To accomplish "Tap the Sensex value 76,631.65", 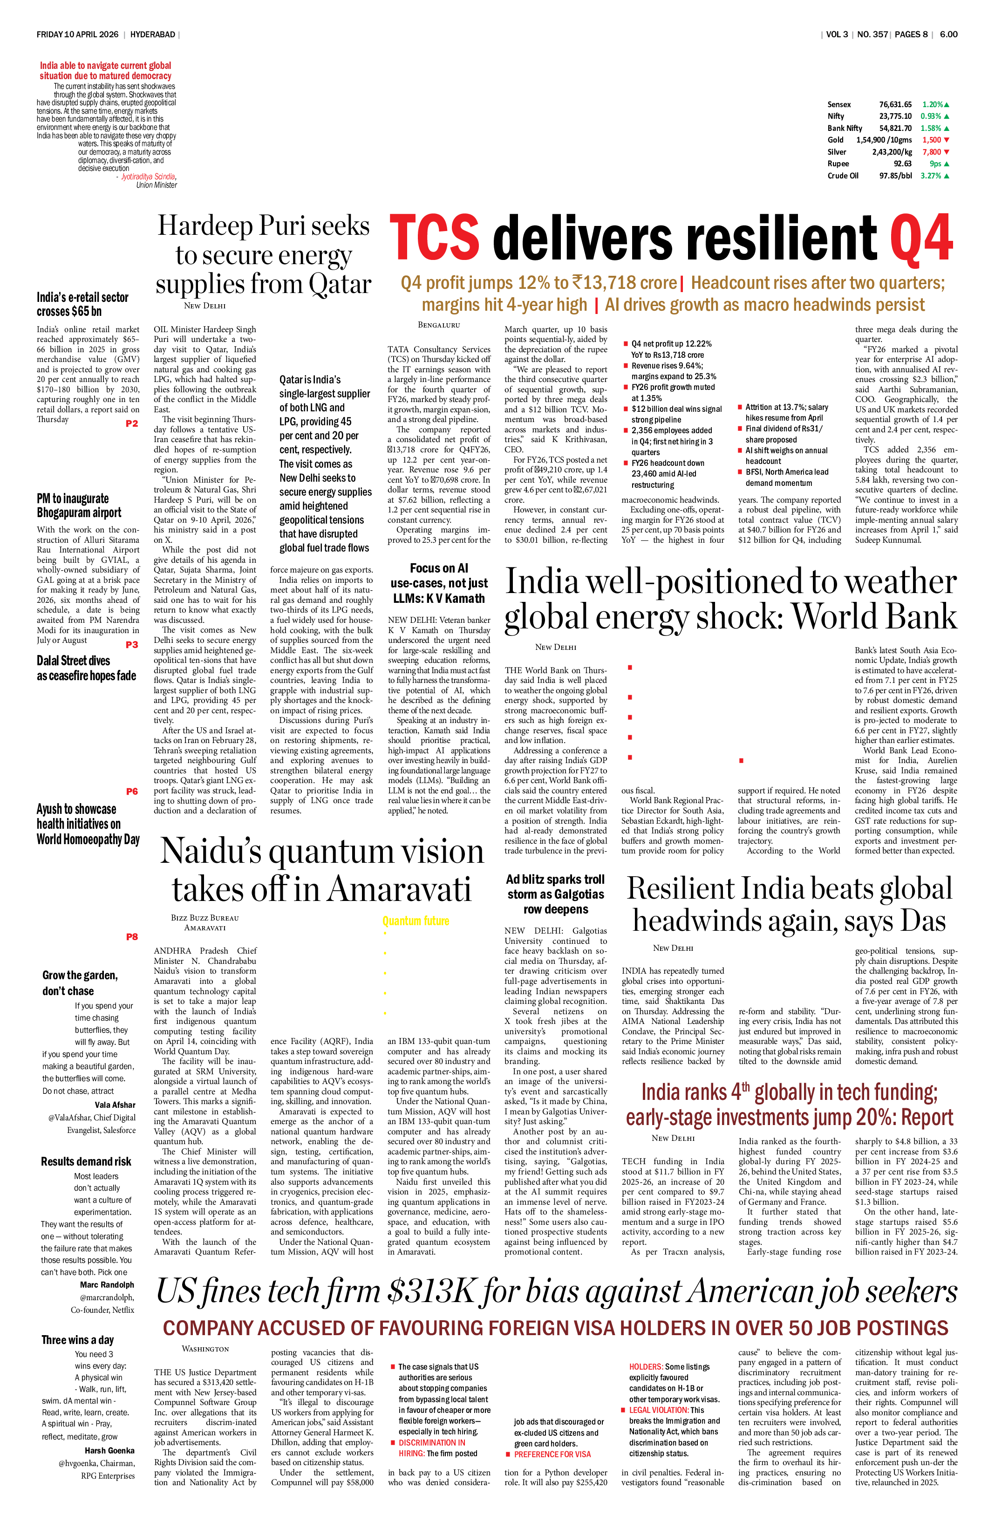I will pyautogui.click(x=895, y=104).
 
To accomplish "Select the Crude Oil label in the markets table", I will pyautogui.click(x=843, y=176).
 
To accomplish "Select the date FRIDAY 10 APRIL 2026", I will pyautogui.click(x=77, y=34).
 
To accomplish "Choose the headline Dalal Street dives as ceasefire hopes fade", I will pyautogui.click(x=86, y=668).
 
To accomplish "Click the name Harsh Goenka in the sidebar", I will pyautogui.click(x=109, y=1451).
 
